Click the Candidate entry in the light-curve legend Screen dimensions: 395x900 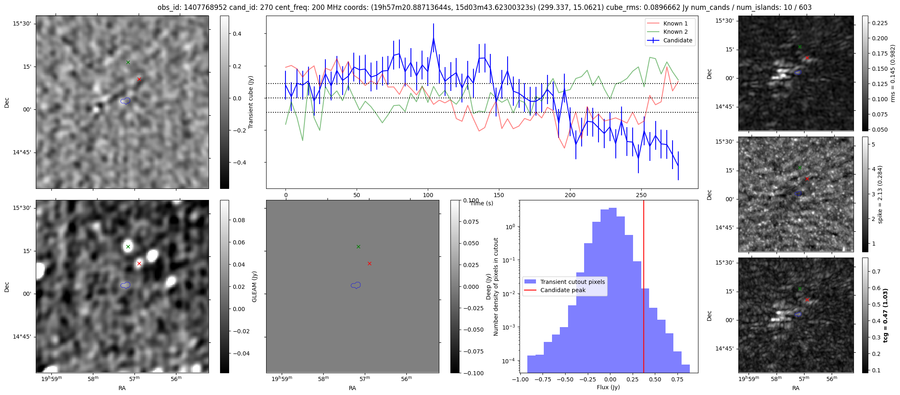pos(677,40)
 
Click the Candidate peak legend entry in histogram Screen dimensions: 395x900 pos(563,290)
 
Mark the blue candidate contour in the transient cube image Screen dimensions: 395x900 pos(125,101)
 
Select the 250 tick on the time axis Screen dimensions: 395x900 pos(641,195)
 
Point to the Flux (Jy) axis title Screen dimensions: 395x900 pos(608,387)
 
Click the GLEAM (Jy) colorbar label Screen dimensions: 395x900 pos(254,286)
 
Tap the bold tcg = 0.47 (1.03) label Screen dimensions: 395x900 pos(885,315)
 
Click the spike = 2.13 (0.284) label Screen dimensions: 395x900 pos(880,194)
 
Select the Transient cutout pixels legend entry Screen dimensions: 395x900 pos(572,282)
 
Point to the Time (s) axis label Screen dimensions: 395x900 pos(482,203)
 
